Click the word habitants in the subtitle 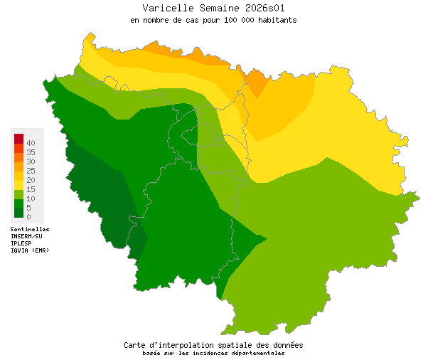tap(277, 21)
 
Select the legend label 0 tap(29, 216)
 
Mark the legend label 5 tap(29, 208)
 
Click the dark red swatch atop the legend tap(19, 138)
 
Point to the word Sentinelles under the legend tap(30, 229)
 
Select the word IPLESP tap(21, 243)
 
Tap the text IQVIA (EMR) tap(30, 250)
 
